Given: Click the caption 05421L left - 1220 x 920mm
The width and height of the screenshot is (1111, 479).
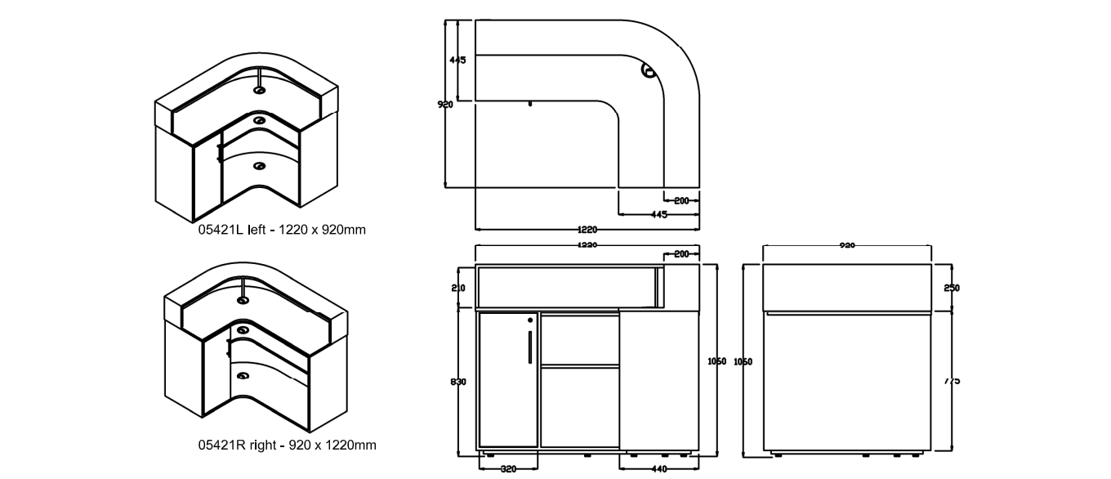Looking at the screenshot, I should [282, 230].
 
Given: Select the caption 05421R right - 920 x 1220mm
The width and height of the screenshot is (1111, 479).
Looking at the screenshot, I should [287, 445].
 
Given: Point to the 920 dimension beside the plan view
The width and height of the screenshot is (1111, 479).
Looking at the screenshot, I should [446, 105].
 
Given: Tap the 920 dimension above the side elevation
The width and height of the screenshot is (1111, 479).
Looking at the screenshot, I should [847, 245].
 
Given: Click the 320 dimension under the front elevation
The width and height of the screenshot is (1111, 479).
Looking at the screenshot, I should [507, 469].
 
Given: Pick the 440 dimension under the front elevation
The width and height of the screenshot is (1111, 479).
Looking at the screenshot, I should [659, 469].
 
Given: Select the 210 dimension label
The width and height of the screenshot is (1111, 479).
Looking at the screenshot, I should [458, 288].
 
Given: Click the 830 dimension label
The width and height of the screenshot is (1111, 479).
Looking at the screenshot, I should [458, 382].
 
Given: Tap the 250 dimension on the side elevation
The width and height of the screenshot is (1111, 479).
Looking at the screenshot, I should [951, 288].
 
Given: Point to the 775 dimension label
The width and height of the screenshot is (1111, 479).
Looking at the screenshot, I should [951, 381].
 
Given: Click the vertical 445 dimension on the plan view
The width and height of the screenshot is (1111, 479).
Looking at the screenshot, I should [457, 60].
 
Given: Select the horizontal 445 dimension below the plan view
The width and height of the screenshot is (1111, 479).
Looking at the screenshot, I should [659, 215].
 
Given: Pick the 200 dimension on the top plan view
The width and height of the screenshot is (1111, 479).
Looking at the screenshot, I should [681, 200].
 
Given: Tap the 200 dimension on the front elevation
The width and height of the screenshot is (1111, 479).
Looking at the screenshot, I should [681, 254].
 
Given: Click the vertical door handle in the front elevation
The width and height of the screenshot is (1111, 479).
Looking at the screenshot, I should [531, 347].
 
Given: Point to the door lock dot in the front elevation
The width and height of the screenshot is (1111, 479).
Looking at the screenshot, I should [531, 320].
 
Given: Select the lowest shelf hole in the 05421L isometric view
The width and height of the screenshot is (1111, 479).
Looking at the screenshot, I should [260, 167].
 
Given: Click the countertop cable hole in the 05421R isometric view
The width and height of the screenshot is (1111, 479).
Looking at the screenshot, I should [243, 300].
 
